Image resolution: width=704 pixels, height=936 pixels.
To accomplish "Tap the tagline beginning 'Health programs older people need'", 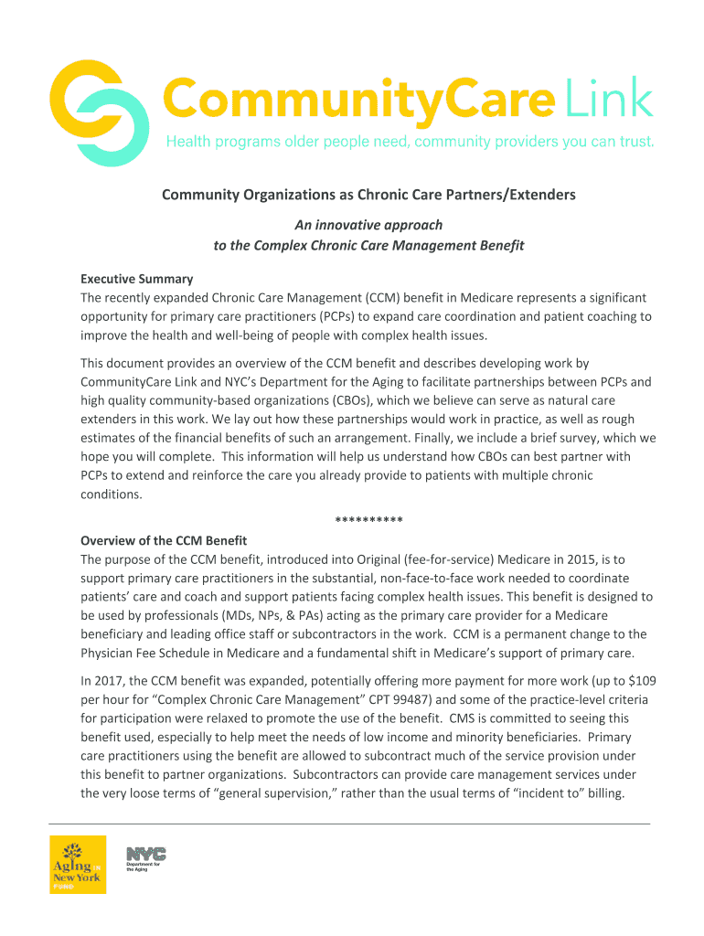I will pyautogui.click(x=409, y=143).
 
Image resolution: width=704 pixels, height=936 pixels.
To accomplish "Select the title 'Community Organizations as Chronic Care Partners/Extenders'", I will pyautogui.click(x=368, y=195).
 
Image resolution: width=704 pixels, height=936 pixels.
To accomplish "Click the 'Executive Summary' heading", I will pyautogui.click(x=136, y=279).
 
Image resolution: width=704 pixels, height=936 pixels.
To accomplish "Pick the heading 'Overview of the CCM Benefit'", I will pyautogui.click(x=164, y=540).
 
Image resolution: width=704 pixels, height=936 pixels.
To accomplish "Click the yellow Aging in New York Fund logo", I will pyautogui.click(x=78, y=864).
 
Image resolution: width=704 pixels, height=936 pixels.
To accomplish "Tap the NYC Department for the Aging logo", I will pyautogui.click(x=145, y=859).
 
